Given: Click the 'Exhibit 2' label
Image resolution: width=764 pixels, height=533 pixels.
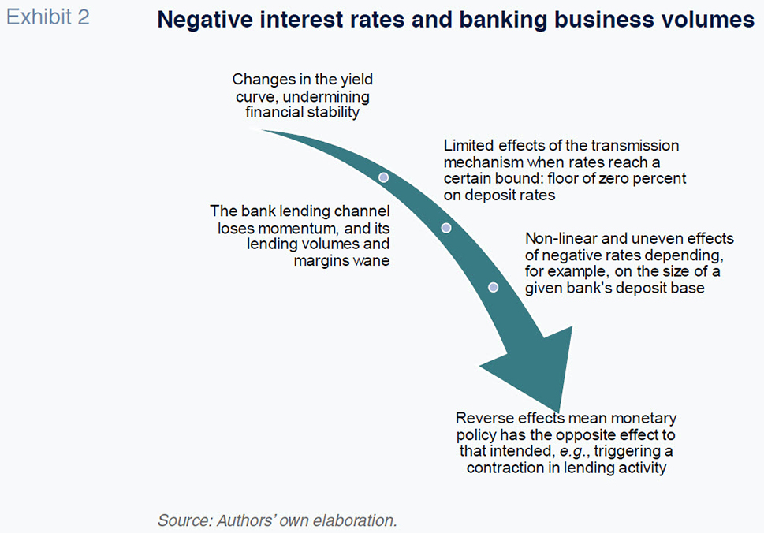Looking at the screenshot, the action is [48, 17].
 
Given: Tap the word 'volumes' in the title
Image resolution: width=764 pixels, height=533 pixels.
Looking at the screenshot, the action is [709, 20].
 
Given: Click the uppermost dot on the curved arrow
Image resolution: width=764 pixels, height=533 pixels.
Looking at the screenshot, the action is [383, 177].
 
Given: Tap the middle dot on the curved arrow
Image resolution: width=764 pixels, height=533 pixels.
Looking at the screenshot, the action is [445, 228].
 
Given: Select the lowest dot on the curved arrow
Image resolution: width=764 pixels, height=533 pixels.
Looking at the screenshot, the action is [493, 288].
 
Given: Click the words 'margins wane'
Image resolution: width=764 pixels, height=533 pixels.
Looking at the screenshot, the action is [341, 261].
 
